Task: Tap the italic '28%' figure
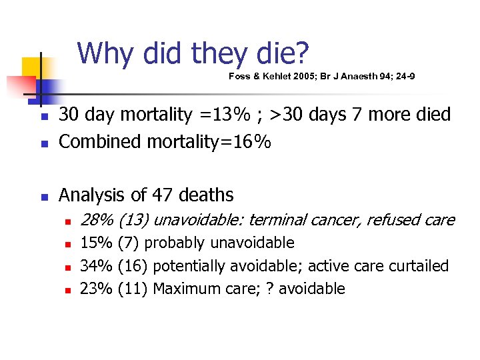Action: [96, 220]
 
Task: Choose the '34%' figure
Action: [96, 266]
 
